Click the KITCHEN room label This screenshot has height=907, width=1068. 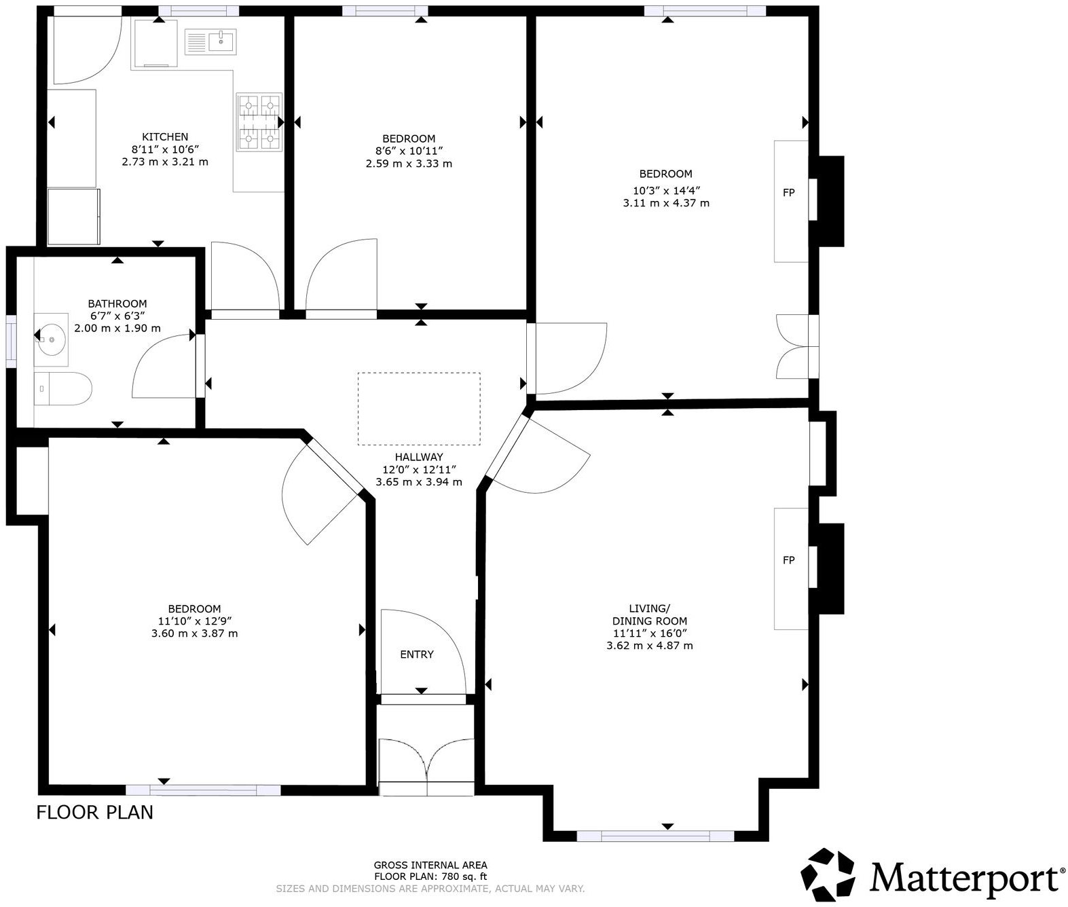165,136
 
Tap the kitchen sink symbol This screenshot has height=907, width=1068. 211,42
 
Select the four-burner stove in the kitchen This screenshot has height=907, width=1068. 259,122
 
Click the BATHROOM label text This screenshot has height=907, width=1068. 117,303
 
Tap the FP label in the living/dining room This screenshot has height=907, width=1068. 788,560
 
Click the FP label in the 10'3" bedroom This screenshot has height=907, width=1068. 788,193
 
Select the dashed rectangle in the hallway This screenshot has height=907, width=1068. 419,408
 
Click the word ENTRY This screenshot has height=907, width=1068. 416,654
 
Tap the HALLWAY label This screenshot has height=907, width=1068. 418,457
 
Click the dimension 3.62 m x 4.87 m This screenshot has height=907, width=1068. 649,646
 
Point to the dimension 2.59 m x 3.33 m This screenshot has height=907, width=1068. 409,164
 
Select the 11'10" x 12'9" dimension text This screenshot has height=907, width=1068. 194,621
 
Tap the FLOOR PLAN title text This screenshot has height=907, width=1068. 94,812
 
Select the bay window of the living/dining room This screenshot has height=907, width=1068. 655,836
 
